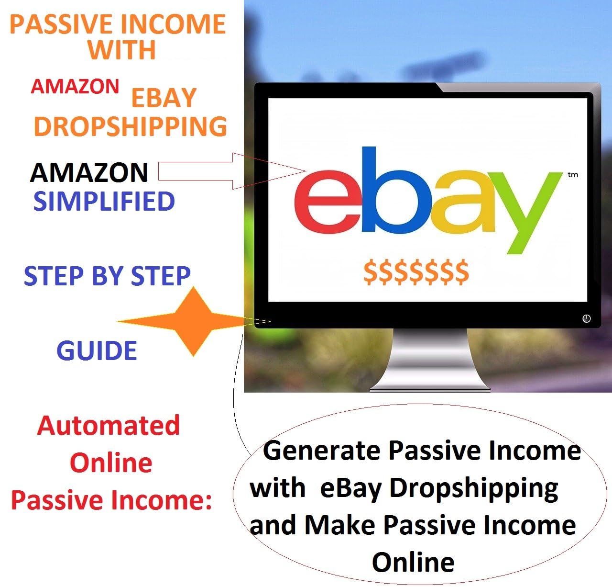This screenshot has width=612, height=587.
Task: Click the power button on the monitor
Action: [x=587, y=318]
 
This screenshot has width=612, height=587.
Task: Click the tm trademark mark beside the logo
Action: [x=573, y=175]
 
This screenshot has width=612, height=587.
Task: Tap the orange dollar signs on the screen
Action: [x=416, y=271]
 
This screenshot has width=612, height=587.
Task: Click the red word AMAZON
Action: [x=75, y=87]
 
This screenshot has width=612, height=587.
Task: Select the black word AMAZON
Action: [x=89, y=172]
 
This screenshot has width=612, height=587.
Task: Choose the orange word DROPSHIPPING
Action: [x=130, y=126]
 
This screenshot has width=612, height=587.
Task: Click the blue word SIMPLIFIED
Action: [x=104, y=201]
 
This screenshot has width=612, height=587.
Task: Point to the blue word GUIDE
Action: [x=97, y=351]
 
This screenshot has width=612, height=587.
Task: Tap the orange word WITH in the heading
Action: [x=122, y=50]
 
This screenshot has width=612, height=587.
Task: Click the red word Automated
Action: [x=109, y=425]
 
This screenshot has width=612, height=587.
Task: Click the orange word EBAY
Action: [x=164, y=98]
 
